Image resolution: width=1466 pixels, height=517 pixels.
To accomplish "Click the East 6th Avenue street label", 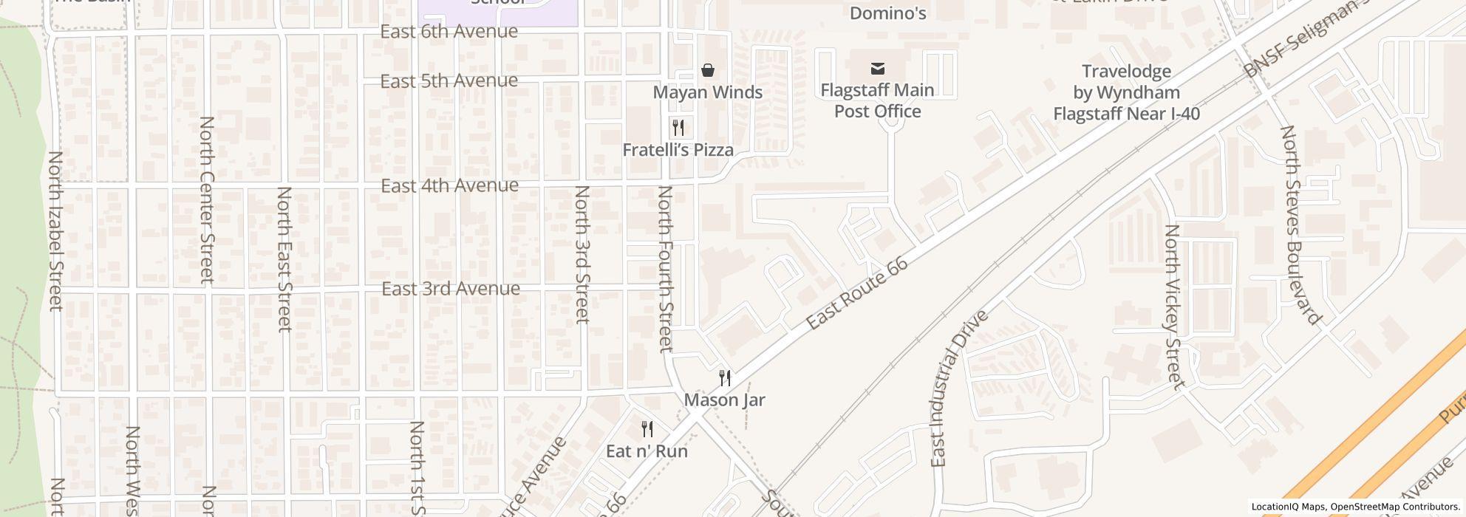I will [x=449, y=32].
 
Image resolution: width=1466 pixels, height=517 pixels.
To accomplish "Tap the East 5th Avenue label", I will [x=449, y=81].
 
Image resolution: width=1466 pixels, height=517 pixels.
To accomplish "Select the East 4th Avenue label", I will [x=449, y=185].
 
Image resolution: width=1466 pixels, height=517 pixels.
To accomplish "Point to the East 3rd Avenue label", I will [x=450, y=289].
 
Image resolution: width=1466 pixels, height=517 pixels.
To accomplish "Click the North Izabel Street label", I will [x=55, y=231].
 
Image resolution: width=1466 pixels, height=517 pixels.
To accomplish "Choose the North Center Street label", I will [x=207, y=199].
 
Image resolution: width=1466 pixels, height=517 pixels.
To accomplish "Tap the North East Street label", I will [x=284, y=258].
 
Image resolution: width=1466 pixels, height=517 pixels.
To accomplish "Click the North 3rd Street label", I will [x=582, y=254].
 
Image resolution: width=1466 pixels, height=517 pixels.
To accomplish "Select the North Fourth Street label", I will [x=666, y=269].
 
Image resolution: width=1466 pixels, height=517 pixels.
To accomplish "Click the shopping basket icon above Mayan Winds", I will [x=708, y=70].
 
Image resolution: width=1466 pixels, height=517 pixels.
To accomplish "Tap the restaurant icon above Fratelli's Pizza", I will [x=678, y=128].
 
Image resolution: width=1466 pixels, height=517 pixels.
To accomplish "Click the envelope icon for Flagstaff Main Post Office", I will [x=877, y=69].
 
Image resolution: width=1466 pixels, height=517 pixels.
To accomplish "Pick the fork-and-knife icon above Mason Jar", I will [x=725, y=378].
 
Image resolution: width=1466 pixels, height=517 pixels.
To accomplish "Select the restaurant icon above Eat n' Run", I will [x=647, y=429].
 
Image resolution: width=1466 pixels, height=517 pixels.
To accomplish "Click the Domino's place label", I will [x=887, y=13].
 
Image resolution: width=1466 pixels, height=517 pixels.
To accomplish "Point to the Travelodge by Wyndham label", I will [x=1126, y=92].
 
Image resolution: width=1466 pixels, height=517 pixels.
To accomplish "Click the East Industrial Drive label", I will [x=958, y=388].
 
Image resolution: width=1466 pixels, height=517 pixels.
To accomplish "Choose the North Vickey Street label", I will [x=1173, y=307].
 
